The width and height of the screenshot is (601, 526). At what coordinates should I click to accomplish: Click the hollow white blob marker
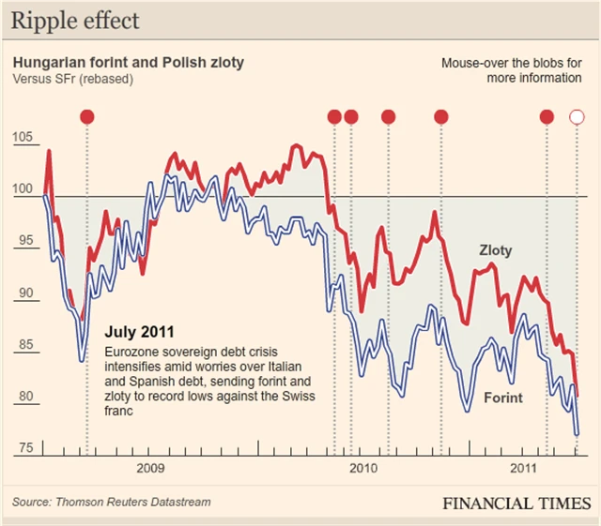(578, 117)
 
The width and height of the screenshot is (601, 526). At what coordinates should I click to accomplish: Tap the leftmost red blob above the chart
(87, 117)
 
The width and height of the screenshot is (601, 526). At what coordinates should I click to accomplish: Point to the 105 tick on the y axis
(23, 139)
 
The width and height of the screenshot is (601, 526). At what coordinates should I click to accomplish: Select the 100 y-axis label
(23, 190)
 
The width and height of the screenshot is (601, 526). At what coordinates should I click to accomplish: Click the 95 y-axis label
(23, 242)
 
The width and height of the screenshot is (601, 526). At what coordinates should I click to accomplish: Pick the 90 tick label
(23, 293)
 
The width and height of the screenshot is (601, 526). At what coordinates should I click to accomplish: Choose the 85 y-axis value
(23, 345)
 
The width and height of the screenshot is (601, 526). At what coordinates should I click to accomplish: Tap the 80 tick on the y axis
(23, 397)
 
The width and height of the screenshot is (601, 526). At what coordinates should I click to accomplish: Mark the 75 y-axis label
(23, 447)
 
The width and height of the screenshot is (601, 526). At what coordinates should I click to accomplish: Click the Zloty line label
(495, 251)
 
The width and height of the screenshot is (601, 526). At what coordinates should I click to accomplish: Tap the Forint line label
(502, 398)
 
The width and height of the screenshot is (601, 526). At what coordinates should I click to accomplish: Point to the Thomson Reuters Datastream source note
(112, 503)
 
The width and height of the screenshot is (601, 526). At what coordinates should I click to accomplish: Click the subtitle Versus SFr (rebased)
(72, 79)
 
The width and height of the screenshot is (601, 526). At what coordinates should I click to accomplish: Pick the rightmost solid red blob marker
(547, 117)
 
